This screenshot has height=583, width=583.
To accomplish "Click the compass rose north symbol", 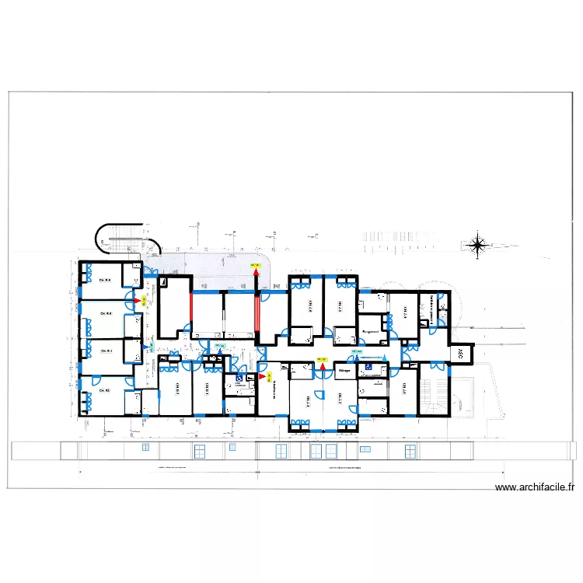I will pyautogui.click(x=479, y=246).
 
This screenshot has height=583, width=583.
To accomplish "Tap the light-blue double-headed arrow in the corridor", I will pyautogui.click(x=375, y=358).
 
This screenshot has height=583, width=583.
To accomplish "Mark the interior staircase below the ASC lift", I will pyautogui.click(x=432, y=394).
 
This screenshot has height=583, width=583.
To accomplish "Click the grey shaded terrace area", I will pyautogui.click(x=210, y=264).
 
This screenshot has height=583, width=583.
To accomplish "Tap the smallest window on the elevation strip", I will pyautogui.click(x=145, y=449).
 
